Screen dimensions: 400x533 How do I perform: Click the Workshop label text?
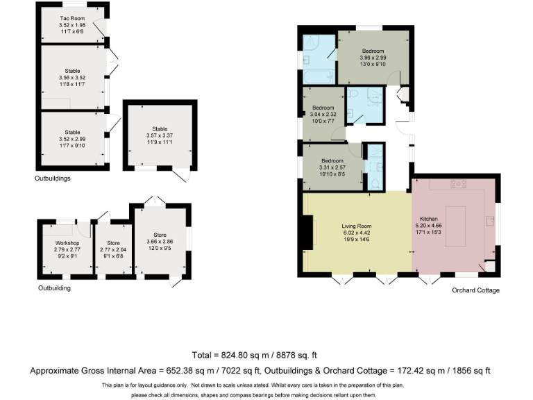(67, 242)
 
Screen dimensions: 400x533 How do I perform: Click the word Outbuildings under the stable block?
(53, 178)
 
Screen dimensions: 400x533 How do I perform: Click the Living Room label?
(357, 226)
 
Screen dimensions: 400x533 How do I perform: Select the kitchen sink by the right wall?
(490, 221)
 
